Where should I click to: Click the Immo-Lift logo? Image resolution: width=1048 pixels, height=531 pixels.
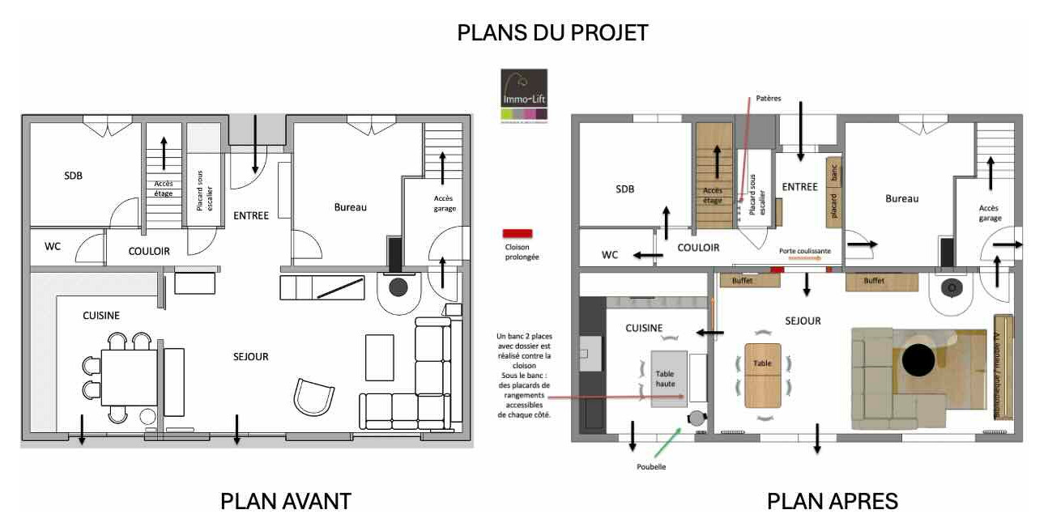tap(524, 94)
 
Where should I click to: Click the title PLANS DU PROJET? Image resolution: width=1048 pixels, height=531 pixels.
tap(552, 32)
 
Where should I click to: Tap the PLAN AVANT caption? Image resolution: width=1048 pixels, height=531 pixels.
tap(285, 501)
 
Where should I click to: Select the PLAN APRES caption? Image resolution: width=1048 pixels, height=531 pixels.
tap(832, 501)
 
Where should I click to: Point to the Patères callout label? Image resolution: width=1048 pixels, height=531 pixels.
tap(769, 98)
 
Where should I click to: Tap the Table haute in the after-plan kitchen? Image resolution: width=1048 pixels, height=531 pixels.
tap(670, 378)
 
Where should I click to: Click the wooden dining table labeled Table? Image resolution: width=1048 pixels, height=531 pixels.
tap(763, 375)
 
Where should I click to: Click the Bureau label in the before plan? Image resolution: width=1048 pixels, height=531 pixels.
tap(350, 207)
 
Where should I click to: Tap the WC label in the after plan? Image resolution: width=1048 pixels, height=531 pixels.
tap(610, 255)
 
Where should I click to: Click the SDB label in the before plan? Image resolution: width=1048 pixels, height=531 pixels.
tap(74, 176)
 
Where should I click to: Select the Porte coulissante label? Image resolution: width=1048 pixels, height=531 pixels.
tap(805, 251)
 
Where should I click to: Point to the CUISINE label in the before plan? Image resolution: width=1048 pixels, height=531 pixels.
tap(101, 316)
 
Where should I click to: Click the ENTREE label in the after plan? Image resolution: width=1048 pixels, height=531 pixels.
tap(799, 187)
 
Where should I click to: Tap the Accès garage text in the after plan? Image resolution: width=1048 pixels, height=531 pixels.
tap(990, 213)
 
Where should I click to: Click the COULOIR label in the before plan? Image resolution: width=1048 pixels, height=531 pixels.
tap(149, 251)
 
